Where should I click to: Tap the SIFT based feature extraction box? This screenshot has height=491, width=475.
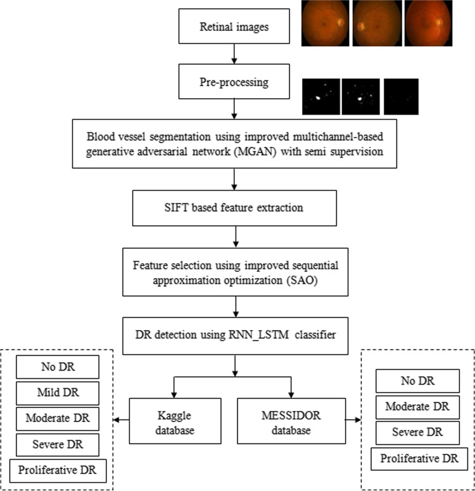(235, 208)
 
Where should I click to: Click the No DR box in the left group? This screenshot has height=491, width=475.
(58, 367)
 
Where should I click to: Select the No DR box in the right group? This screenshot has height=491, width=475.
(417, 381)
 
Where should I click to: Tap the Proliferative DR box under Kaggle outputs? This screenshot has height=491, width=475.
(58, 469)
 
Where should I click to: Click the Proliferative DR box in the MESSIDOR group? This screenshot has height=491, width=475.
(417, 457)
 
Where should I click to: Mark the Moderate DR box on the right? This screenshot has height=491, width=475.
(417, 406)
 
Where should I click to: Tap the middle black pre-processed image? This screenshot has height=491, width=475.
(360, 96)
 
